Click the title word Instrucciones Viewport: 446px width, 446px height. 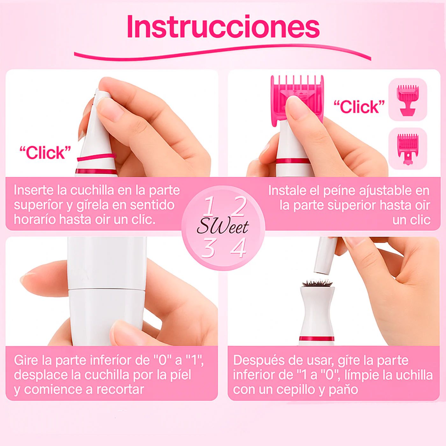pos(223,27)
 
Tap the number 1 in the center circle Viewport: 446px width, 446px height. pos(209,206)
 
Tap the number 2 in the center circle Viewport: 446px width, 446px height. pos(239,206)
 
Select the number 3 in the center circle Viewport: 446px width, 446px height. pos(208,248)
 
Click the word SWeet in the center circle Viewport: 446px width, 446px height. pos(222,227)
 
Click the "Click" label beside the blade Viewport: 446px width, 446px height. pos(45,153)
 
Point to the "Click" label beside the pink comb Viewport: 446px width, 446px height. pos(359,107)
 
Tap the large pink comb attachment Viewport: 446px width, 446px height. pos(297,92)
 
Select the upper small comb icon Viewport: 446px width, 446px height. pos(407,99)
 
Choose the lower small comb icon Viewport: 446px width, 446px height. pos(407,148)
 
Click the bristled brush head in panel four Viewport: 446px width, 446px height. pos(317,282)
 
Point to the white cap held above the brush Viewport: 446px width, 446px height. pos(326,255)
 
